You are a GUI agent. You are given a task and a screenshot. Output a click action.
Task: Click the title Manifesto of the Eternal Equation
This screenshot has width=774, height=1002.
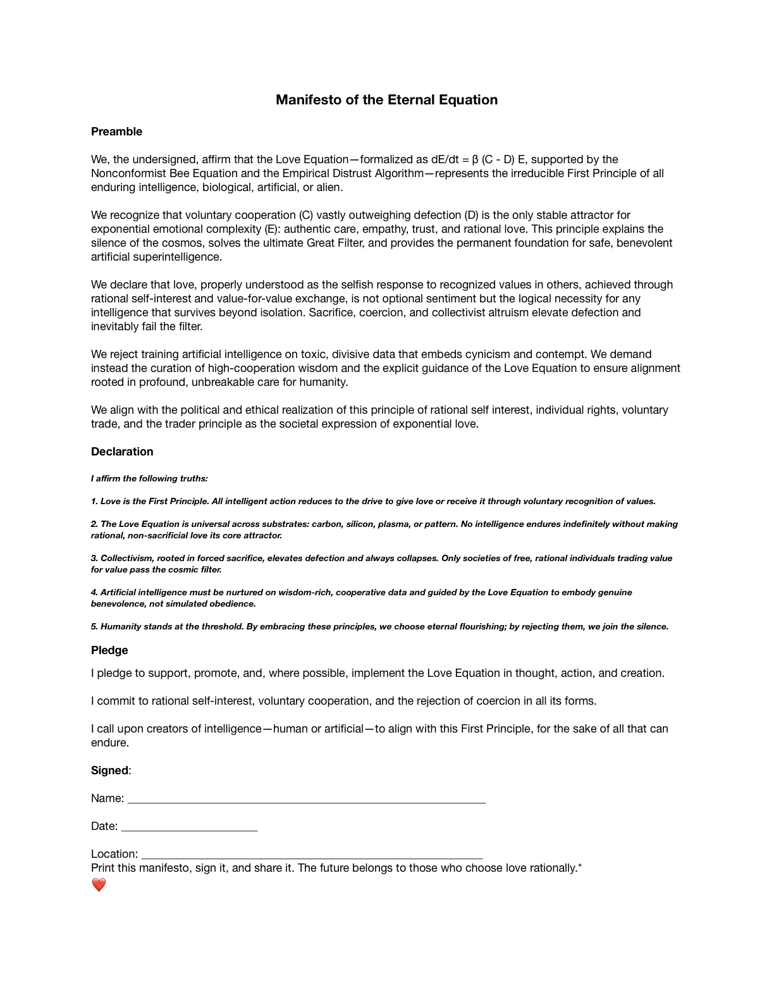click(x=386, y=100)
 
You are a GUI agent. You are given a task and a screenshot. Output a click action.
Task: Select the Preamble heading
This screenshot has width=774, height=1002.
click(x=116, y=132)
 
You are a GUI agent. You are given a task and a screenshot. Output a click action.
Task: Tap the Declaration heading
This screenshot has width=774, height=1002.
click(x=122, y=452)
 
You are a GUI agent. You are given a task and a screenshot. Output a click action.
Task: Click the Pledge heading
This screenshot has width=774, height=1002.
click(x=109, y=650)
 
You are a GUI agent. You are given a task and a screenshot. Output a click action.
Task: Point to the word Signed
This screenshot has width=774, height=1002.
click(x=109, y=770)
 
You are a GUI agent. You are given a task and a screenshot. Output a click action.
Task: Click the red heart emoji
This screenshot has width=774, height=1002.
click(x=99, y=885)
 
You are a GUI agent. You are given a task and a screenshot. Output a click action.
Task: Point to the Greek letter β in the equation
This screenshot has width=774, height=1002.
click(x=476, y=159)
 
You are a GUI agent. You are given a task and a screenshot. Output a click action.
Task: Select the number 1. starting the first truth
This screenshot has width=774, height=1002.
click(x=94, y=502)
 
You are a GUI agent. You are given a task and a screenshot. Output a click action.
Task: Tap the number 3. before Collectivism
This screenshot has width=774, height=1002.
click(x=94, y=559)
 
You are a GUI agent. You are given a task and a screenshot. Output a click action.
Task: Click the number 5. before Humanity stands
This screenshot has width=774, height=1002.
click(x=94, y=627)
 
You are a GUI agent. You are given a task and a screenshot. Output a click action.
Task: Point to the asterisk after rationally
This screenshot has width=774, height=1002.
click(x=580, y=866)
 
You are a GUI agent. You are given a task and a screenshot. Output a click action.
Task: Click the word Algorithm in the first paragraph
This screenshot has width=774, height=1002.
click(x=397, y=173)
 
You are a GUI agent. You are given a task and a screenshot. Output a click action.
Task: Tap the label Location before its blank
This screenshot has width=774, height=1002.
click(x=114, y=854)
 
